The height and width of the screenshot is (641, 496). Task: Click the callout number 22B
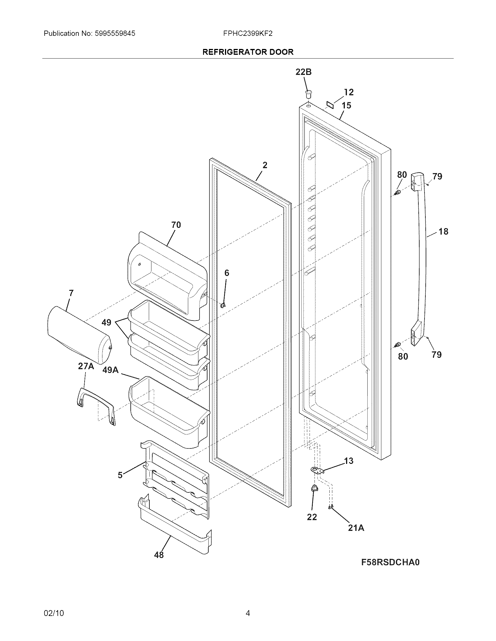[x=303, y=72]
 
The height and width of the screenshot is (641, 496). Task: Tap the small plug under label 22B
[x=308, y=94]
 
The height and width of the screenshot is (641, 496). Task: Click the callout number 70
[x=176, y=225]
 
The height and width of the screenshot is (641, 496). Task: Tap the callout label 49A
[x=111, y=370]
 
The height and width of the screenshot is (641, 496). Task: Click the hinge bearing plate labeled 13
[x=317, y=471]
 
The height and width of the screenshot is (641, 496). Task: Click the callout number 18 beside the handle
[x=443, y=232]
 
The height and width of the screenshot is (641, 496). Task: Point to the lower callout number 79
[x=437, y=355]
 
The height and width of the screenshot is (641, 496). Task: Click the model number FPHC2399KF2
[x=248, y=34]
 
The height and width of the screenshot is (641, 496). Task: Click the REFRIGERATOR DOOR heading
[x=248, y=52]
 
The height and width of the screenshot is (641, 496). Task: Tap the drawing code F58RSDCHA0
[x=390, y=562]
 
